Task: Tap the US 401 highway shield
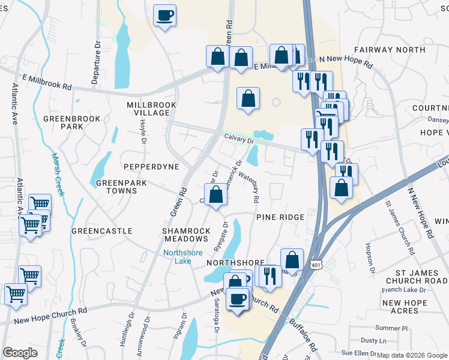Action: (316, 264)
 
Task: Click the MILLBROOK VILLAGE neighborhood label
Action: (152, 109)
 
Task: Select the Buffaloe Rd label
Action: (303, 335)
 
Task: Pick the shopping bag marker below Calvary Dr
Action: (217, 195)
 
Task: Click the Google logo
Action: (20, 353)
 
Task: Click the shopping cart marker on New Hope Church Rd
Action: (16, 293)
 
